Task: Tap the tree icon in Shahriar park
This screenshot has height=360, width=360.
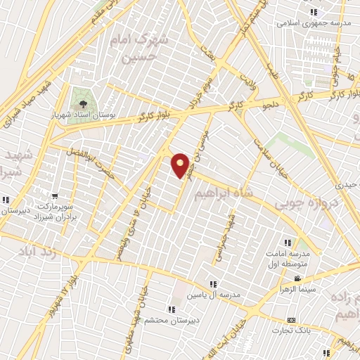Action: pos(84,103)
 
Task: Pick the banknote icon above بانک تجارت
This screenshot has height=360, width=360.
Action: pos(292,321)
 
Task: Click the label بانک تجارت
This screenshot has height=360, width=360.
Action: pos(295,331)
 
